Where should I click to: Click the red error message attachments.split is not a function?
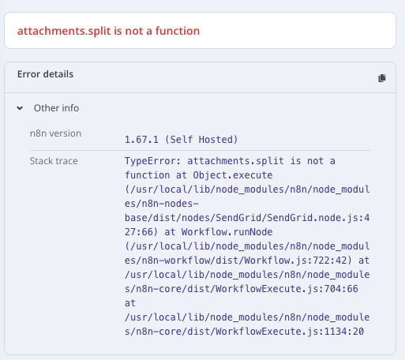[x=108, y=31]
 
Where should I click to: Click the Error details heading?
[x=45, y=74]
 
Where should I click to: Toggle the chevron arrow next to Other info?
[x=20, y=108]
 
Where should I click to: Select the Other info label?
[x=56, y=108]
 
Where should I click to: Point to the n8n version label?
[x=55, y=133]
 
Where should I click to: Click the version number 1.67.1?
[x=141, y=140]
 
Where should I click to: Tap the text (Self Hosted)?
[x=201, y=140]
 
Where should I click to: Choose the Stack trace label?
[x=54, y=161]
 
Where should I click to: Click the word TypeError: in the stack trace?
[x=153, y=161]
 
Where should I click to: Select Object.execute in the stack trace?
[x=233, y=175]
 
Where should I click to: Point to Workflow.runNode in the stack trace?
[x=227, y=232]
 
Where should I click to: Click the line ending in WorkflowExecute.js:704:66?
[x=242, y=289]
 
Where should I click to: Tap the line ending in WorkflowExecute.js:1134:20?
[x=244, y=332]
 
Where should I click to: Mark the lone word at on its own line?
[x=130, y=303]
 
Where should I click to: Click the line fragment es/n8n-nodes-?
[x=162, y=204]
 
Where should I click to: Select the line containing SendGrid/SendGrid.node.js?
[x=247, y=218]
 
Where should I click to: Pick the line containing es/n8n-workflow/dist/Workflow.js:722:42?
[x=247, y=261]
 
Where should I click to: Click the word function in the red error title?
[x=178, y=31]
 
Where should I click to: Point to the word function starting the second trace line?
[x=147, y=175]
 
